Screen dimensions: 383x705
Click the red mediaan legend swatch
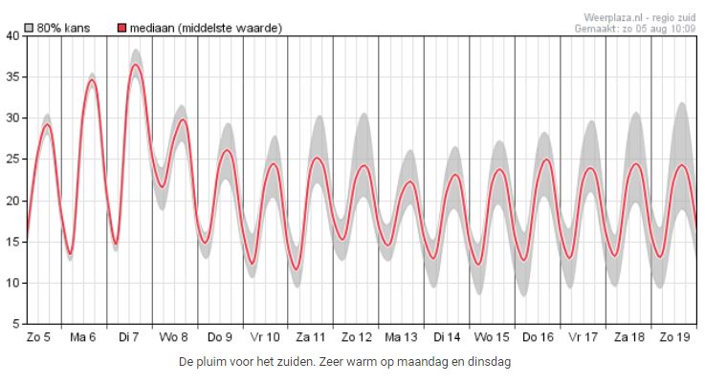pyautogui.click(x=121, y=29)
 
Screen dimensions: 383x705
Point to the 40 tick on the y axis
pyautogui.click(x=11, y=36)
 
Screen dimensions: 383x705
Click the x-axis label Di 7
pyautogui.click(x=129, y=337)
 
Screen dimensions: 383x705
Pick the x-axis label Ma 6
pyautogui.click(x=83, y=337)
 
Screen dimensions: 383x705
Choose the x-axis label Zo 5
pyautogui.click(x=38, y=337)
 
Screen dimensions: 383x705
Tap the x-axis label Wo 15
pyautogui.click(x=493, y=337)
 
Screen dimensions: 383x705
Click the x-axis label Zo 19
pyautogui.click(x=674, y=337)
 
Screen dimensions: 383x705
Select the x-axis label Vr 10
pyautogui.click(x=265, y=337)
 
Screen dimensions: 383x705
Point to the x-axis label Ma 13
pyautogui.click(x=402, y=337)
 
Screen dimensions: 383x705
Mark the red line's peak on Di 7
pyautogui.click(x=136, y=64)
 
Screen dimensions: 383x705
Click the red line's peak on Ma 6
pyautogui.click(x=92, y=80)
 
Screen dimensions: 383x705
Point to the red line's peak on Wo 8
pyautogui.click(x=182, y=119)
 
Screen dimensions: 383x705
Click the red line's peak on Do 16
pyautogui.click(x=546, y=160)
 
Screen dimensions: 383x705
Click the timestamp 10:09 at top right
pyautogui.click(x=681, y=29)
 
